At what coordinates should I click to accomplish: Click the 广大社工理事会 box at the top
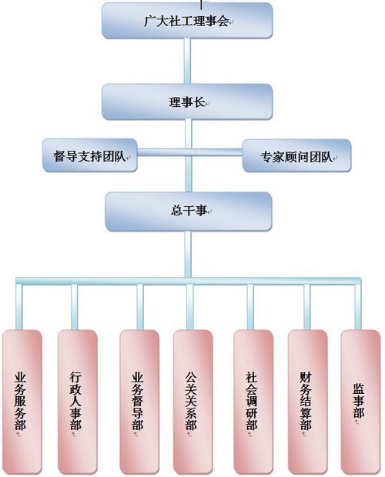(x=187, y=21)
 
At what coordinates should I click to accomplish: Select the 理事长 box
(x=187, y=102)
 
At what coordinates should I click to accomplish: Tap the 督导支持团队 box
(x=90, y=155)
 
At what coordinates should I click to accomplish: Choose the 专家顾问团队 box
(x=296, y=155)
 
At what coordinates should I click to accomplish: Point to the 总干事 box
(x=189, y=211)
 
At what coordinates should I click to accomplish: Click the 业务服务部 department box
(x=22, y=402)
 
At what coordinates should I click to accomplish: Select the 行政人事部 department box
(x=78, y=402)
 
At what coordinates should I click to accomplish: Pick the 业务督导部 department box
(x=139, y=402)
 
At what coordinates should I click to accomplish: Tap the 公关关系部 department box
(x=193, y=402)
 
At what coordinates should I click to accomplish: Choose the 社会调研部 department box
(x=253, y=402)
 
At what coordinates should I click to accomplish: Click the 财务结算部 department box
(x=308, y=402)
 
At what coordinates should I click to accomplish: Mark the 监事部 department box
(x=360, y=402)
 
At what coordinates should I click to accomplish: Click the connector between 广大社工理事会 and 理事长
(x=187, y=61)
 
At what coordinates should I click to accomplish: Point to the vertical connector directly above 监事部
(x=358, y=307)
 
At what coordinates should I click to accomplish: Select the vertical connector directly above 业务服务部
(x=19, y=307)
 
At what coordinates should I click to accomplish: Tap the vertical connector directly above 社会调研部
(x=250, y=307)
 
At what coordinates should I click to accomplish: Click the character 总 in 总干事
(x=176, y=210)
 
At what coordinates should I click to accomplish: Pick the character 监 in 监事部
(x=359, y=389)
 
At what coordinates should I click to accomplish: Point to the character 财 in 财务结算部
(x=305, y=378)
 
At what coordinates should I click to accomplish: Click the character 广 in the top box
(x=149, y=21)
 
